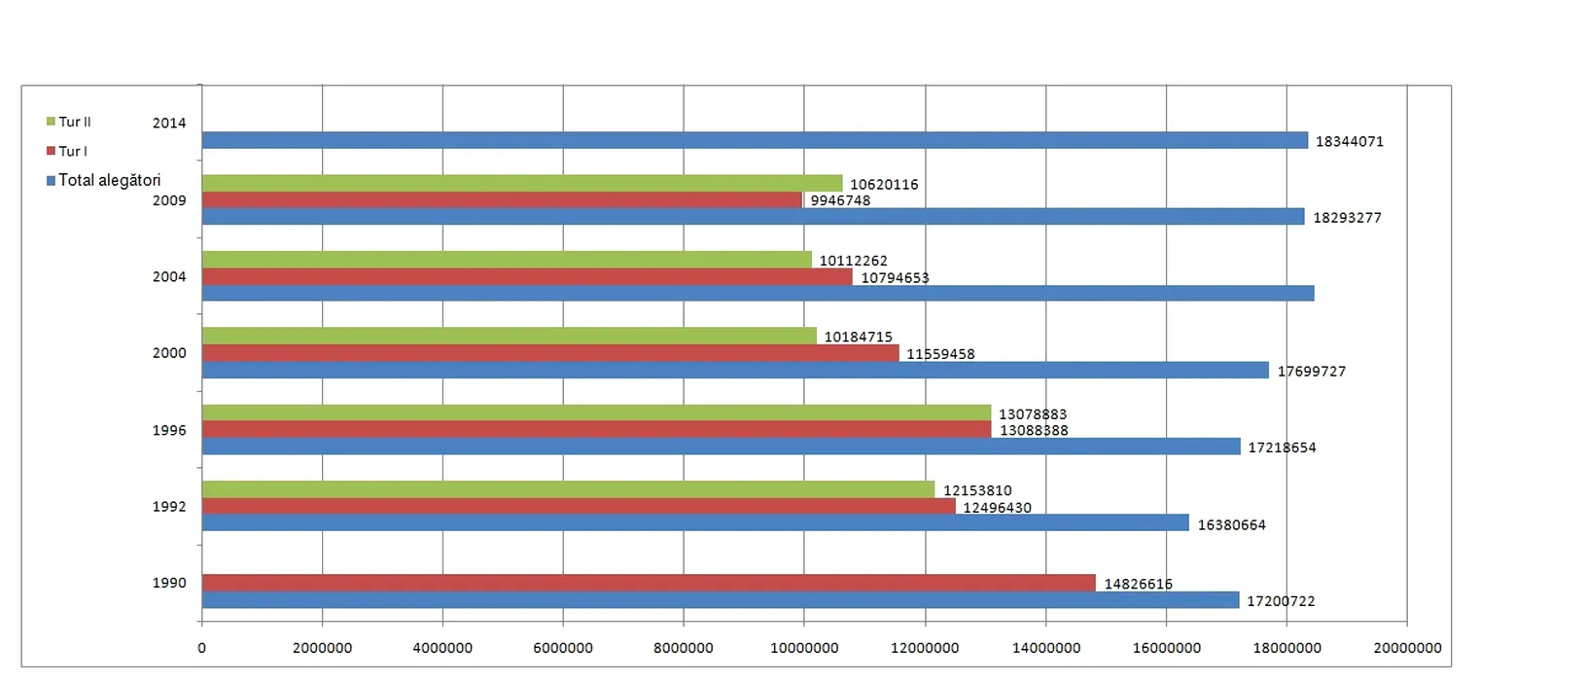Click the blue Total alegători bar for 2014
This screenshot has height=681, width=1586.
[x=755, y=140]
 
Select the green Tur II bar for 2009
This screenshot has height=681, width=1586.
[x=522, y=183]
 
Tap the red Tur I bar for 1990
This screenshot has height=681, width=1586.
[x=649, y=583]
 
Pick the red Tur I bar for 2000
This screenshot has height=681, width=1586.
[x=550, y=353]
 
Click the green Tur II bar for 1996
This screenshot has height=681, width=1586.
[x=596, y=413]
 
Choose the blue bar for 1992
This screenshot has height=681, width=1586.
[x=695, y=522]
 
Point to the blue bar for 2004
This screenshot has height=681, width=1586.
[x=758, y=293]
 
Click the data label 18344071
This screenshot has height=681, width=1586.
[x=1349, y=141]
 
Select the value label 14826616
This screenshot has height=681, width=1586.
[x=1138, y=584]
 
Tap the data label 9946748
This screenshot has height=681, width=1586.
[x=840, y=200]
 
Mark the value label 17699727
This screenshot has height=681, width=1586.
[x=1311, y=371]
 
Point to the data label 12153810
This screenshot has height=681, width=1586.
[x=977, y=490]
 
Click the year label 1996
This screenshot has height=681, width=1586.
[x=169, y=430]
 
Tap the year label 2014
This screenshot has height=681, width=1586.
[x=169, y=123]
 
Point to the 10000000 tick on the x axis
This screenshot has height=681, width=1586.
[x=804, y=648]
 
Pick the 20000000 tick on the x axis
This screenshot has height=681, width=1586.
[x=1407, y=648]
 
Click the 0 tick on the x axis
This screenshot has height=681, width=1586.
[x=202, y=648]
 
